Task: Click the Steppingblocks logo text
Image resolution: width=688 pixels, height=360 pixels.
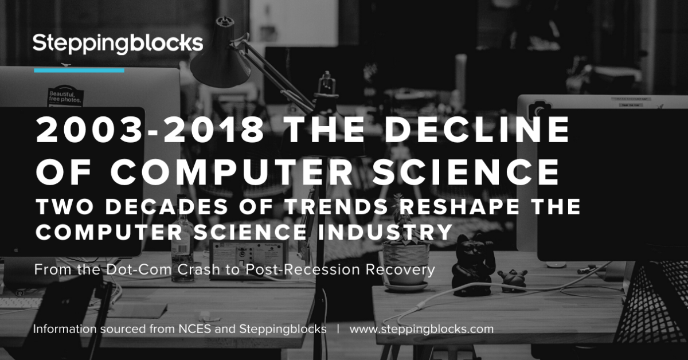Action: tap(118, 44)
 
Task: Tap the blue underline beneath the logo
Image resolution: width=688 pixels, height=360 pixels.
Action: tap(79, 71)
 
